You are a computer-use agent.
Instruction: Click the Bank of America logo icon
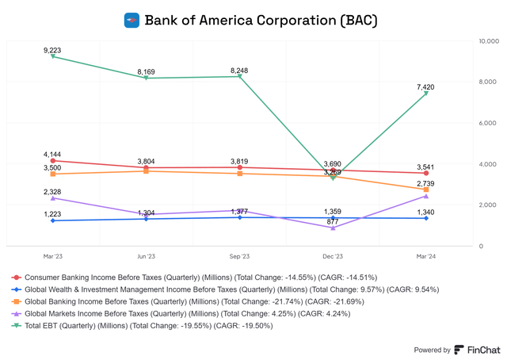point(132,20)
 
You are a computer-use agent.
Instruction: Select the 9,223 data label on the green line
point(52,50)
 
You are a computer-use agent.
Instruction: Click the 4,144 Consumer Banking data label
point(52,154)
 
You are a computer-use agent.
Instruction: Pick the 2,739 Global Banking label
point(426,182)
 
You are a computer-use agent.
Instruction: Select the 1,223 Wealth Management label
point(52,214)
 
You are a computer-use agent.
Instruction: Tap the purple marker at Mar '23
point(52,198)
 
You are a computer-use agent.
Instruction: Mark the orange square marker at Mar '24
point(426,190)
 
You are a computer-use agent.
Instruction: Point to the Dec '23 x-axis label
point(333,256)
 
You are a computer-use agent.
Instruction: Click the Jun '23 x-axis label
point(146,256)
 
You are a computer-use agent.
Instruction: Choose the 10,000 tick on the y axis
point(482,40)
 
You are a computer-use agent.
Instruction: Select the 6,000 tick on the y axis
point(484,123)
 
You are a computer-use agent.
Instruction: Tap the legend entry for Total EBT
point(143,325)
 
